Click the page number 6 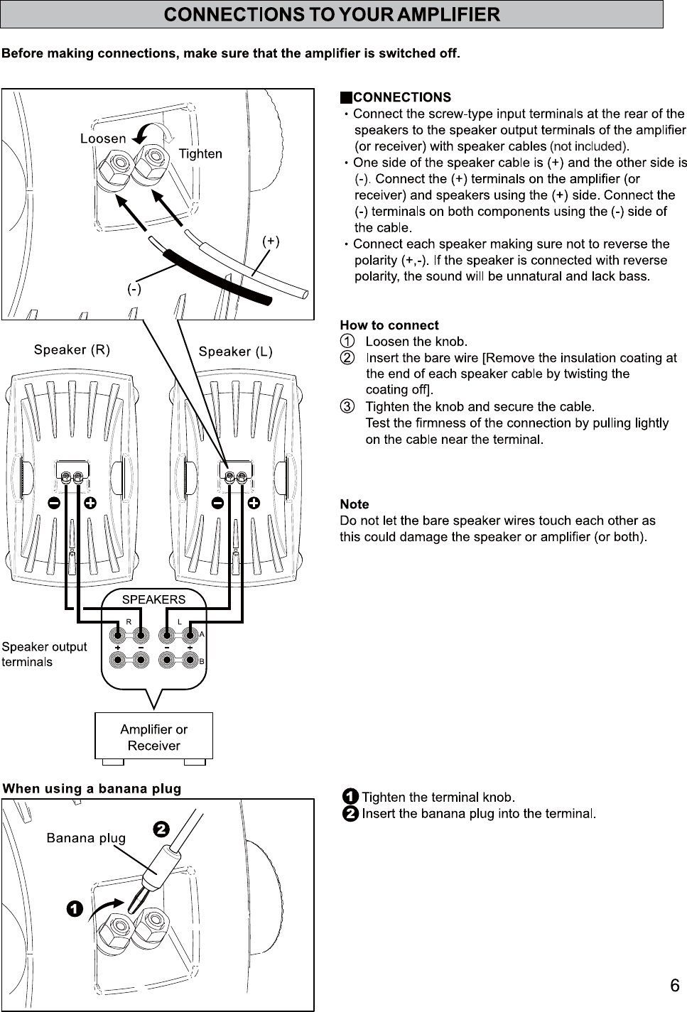(674, 985)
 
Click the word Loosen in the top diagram (103, 138)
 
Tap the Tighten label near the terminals (200, 153)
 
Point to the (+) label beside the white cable (271, 241)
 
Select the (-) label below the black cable (134, 289)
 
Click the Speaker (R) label (72, 350)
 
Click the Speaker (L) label (236, 352)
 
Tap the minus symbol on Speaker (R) (54, 503)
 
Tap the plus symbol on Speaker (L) (254, 503)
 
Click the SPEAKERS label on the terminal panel (153, 599)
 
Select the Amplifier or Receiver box (153, 737)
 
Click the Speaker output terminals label (44, 654)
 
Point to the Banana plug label (86, 838)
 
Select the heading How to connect (389, 325)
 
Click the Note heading (354, 504)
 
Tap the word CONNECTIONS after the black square (401, 97)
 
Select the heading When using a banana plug (92, 788)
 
